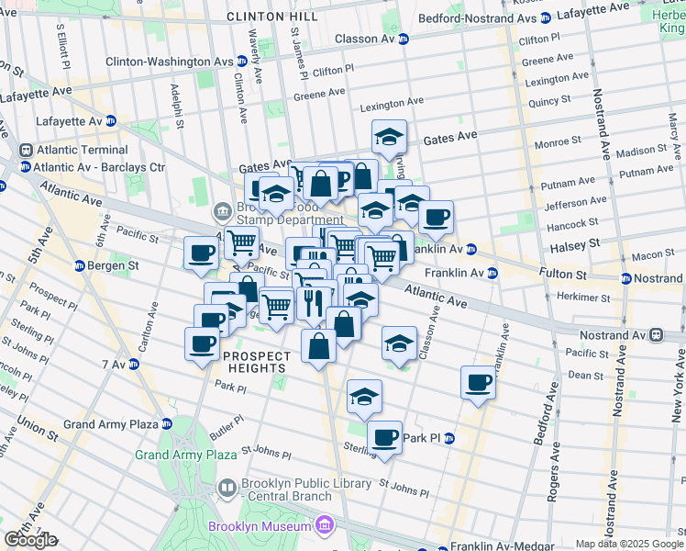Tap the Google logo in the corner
tap(29, 539)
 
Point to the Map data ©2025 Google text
tap(629, 544)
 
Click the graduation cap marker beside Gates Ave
tap(389, 138)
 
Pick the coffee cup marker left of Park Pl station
tap(385, 437)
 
